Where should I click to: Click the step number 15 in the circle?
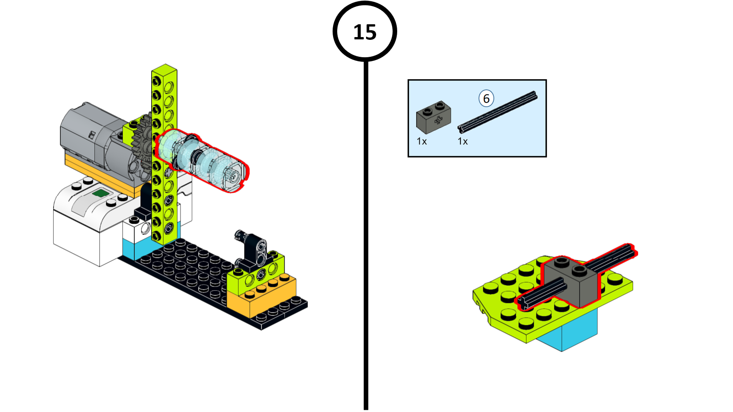pyautogui.click(x=365, y=32)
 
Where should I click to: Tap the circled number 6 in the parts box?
pyautogui.click(x=486, y=98)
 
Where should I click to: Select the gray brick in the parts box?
pyautogui.click(x=433, y=117)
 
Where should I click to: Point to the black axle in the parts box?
pyautogui.click(x=498, y=112)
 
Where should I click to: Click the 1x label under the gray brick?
pyautogui.click(x=421, y=141)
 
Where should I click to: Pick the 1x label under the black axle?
pyautogui.click(x=462, y=141)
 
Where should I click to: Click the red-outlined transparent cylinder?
pyautogui.click(x=202, y=160)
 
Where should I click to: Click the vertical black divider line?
pyautogui.click(x=366, y=235)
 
